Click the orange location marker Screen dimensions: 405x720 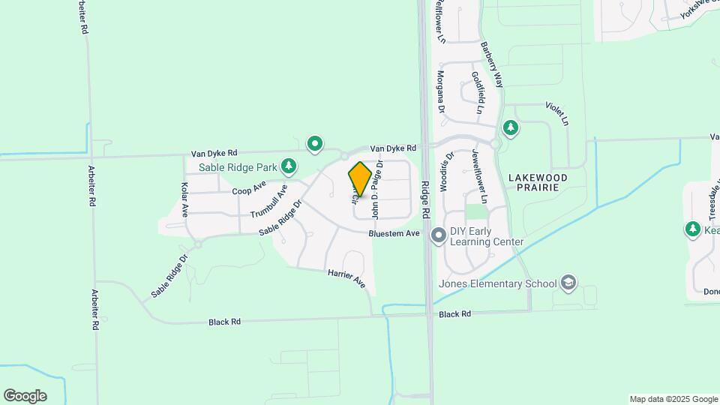click(x=360, y=179)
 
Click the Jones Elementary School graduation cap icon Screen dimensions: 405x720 click(x=569, y=283)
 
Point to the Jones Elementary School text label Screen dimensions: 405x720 click(x=508, y=283)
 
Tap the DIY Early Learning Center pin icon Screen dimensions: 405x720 click(x=439, y=236)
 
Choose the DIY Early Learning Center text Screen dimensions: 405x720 click(x=487, y=236)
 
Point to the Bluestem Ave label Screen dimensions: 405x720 click(x=393, y=234)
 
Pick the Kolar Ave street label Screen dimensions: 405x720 click(x=184, y=198)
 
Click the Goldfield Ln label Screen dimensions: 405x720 click(x=477, y=92)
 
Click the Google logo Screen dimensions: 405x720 click(x=25, y=395)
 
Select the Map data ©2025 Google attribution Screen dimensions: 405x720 click(x=673, y=399)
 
